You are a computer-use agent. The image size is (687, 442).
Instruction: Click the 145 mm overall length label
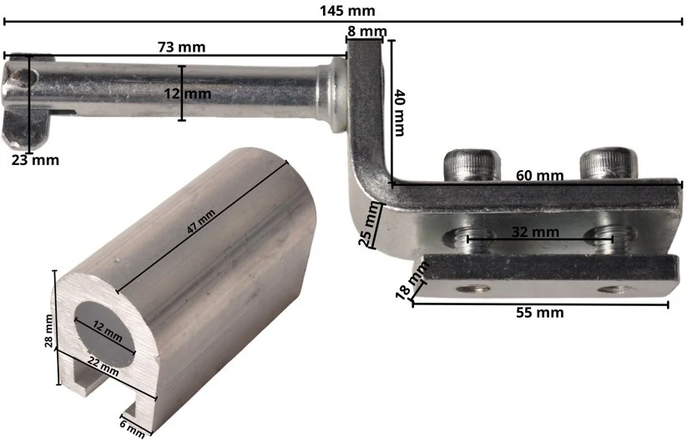(347, 10)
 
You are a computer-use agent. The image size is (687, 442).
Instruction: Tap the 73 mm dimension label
(181, 47)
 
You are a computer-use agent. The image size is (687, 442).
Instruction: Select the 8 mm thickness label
(367, 32)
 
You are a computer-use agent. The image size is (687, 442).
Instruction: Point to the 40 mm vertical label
(399, 113)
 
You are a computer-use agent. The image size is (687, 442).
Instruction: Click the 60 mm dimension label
(539, 175)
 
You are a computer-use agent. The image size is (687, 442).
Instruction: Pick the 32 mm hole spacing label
(535, 232)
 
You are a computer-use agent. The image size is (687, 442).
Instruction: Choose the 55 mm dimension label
(540, 313)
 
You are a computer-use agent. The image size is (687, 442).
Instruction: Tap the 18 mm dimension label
(411, 280)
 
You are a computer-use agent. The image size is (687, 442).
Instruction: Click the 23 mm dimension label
(35, 160)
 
